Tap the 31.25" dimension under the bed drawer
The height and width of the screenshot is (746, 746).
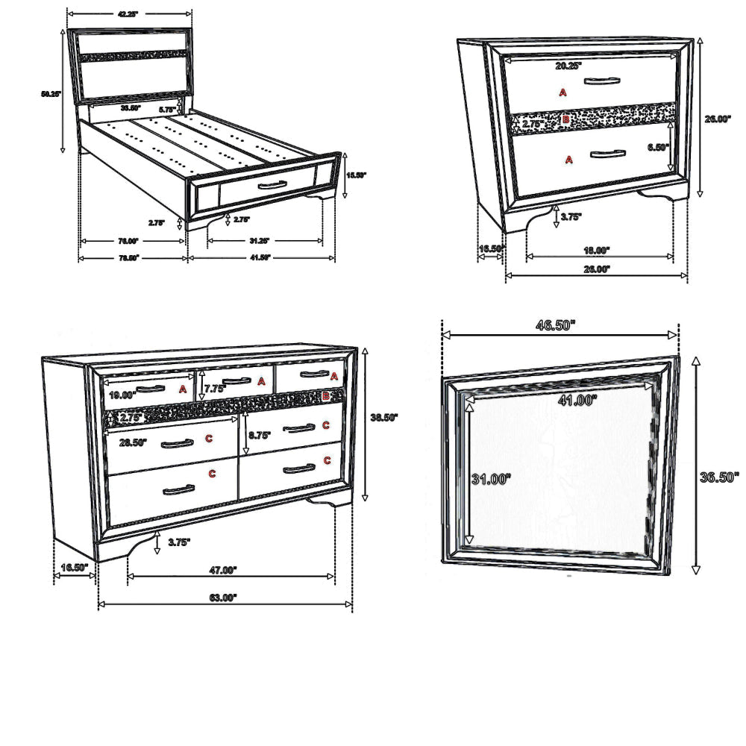click(x=259, y=241)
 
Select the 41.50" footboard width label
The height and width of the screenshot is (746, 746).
click(x=259, y=258)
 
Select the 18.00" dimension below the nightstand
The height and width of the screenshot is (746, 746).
click(x=597, y=251)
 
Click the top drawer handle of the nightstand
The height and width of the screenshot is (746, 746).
click(x=602, y=81)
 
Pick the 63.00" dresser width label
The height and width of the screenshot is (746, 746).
click(x=222, y=597)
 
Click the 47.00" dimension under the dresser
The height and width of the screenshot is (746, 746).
click(x=222, y=570)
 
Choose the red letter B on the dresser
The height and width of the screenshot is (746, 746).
click(x=325, y=397)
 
